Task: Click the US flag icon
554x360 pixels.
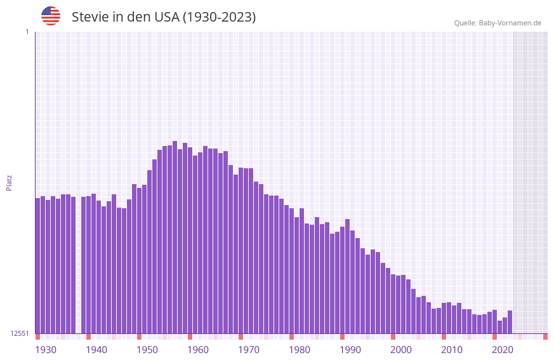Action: tap(51, 16)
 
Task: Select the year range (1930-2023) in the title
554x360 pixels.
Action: tap(219, 17)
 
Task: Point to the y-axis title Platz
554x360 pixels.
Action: tap(9, 182)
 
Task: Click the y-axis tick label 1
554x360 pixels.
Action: tap(27, 32)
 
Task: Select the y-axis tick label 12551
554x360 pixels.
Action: tap(20, 333)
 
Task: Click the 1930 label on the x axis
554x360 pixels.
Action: tap(46, 350)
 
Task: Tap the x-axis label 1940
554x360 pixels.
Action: tap(96, 350)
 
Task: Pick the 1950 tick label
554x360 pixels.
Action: tap(147, 350)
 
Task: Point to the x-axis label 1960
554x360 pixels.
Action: tap(198, 350)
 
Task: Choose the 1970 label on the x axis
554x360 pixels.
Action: tap(249, 350)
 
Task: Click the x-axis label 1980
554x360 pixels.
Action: tap(300, 350)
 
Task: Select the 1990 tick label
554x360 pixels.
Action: tap(350, 350)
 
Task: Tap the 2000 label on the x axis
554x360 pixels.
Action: tap(401, 350)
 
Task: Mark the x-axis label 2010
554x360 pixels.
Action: tap(452, 350)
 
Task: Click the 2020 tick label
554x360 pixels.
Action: tap(503, 350)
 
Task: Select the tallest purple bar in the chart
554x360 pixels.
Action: tap(175, 235)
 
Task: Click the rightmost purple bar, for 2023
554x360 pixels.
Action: tap(510, 322)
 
